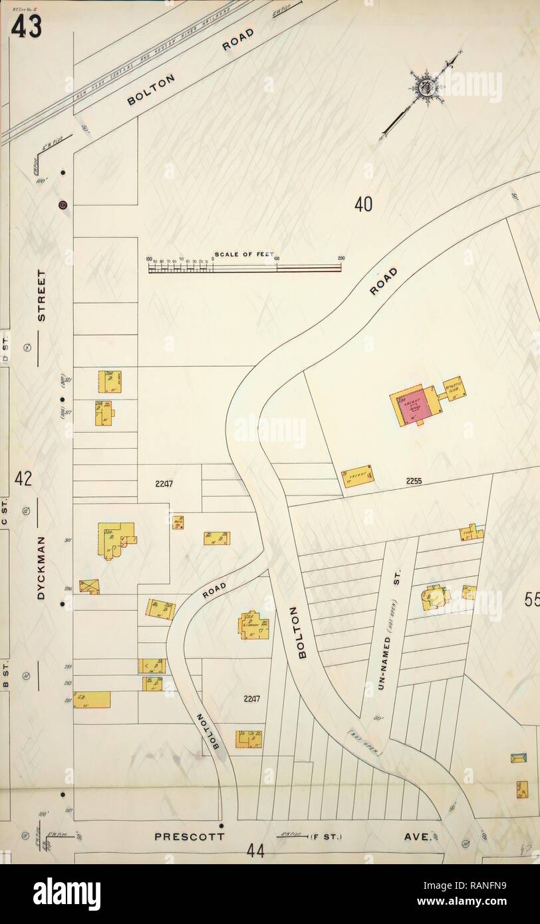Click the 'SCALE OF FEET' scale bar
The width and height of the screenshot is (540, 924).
pos(244,267)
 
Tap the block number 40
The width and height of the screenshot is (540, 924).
pos(363,205)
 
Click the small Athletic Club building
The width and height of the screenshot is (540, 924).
pos(454,388)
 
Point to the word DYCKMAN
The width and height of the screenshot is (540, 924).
pos(41,568)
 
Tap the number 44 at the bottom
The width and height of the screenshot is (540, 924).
pos(255,851)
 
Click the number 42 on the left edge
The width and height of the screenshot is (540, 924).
pos(24,479)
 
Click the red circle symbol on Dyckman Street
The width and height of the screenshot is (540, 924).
pos(63,204)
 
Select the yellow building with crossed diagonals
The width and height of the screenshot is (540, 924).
pos(89,586)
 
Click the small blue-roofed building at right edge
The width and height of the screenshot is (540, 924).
pos(518,758)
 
